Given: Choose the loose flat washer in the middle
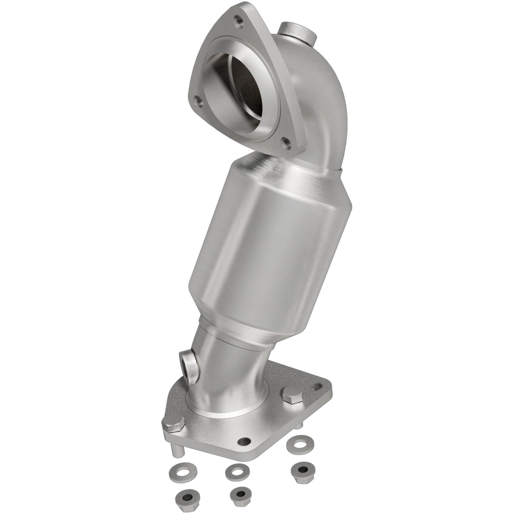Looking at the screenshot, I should coord(237,472).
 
